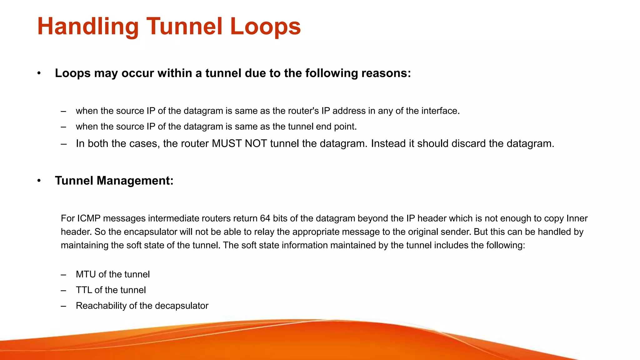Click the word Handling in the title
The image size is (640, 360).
(x=88, y=27)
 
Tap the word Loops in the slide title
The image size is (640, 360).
(x=265, y=27)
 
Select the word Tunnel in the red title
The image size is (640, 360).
(x=184, y=27)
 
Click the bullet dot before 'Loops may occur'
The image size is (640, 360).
(x=39, y=73)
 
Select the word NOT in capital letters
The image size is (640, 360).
(x=256, y=143)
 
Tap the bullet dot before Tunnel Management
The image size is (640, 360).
(x=39, y=181)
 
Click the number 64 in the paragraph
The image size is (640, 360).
(x=265, y=218)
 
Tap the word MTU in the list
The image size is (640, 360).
(x=86, y=274)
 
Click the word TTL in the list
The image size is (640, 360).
(x=84, y=290)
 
